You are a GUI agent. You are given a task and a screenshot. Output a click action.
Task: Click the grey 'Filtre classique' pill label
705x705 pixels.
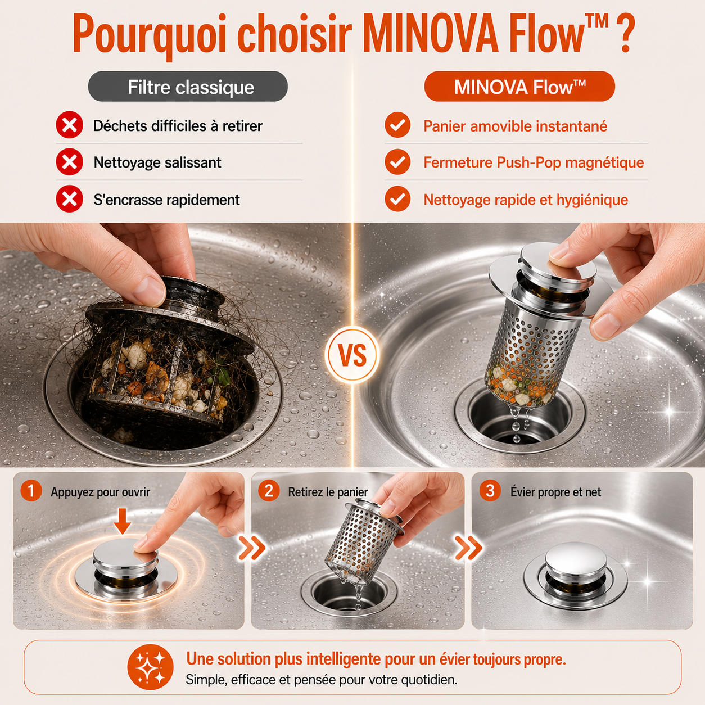188,87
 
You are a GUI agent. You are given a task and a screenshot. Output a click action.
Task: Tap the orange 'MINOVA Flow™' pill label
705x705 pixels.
519,87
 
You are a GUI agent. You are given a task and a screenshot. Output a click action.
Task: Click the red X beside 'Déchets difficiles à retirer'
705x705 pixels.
69,125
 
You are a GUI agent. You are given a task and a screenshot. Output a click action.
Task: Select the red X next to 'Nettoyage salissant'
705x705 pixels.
69,162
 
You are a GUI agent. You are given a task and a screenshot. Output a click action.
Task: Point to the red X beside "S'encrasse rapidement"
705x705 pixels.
69,199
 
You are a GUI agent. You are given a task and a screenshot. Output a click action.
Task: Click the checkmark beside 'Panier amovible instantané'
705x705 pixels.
397,125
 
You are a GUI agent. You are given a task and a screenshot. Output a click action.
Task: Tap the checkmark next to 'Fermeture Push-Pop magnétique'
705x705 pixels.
397,162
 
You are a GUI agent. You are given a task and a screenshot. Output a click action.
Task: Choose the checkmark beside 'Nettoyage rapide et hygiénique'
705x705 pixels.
397,199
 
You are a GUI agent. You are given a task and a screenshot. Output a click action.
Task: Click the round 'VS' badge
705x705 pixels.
352,355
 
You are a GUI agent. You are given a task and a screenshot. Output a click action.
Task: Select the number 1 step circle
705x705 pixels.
31,491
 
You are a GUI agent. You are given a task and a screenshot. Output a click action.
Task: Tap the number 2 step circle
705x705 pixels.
269,491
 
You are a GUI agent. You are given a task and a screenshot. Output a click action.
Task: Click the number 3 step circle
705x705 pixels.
490,491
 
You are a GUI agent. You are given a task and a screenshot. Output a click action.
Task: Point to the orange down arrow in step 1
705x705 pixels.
122,521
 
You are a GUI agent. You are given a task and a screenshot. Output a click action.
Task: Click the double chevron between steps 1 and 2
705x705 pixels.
252,548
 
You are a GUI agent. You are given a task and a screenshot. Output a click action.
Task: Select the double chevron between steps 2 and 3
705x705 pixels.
468,548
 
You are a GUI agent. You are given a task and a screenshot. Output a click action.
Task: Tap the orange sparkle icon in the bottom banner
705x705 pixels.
150,667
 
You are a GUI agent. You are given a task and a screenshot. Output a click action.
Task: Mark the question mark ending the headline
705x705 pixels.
625,34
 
